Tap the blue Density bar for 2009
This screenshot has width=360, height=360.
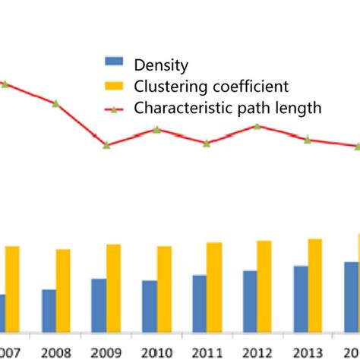click(x=99, y=305)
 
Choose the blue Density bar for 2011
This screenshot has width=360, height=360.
click(x=199, y=303)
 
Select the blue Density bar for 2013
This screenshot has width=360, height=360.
click(x=300, y=298)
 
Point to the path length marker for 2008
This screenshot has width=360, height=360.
click(x=56, y=103)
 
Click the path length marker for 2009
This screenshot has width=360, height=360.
click(x=107, y=145)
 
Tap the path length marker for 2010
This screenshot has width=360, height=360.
click(x=156, y=129)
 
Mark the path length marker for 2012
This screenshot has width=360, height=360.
click(x=257, y=126)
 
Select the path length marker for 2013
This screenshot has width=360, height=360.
click(x=308, y=140)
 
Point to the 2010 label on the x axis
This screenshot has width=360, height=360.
click(x=157, y=352)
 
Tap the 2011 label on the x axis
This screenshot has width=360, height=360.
click(x=207, y=352)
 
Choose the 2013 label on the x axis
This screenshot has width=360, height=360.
click(x=308, y=352)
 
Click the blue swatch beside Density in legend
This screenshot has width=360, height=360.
click(x=114, y=65)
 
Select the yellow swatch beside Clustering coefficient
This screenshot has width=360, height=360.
click(x=114, y=86)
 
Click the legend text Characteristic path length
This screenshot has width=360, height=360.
click(x=227, y=108)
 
